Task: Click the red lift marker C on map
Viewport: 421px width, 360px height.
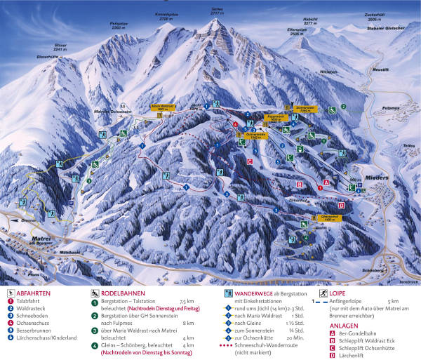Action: click(x=250, y=161)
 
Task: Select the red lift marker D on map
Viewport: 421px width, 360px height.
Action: click(x=342, y=205)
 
